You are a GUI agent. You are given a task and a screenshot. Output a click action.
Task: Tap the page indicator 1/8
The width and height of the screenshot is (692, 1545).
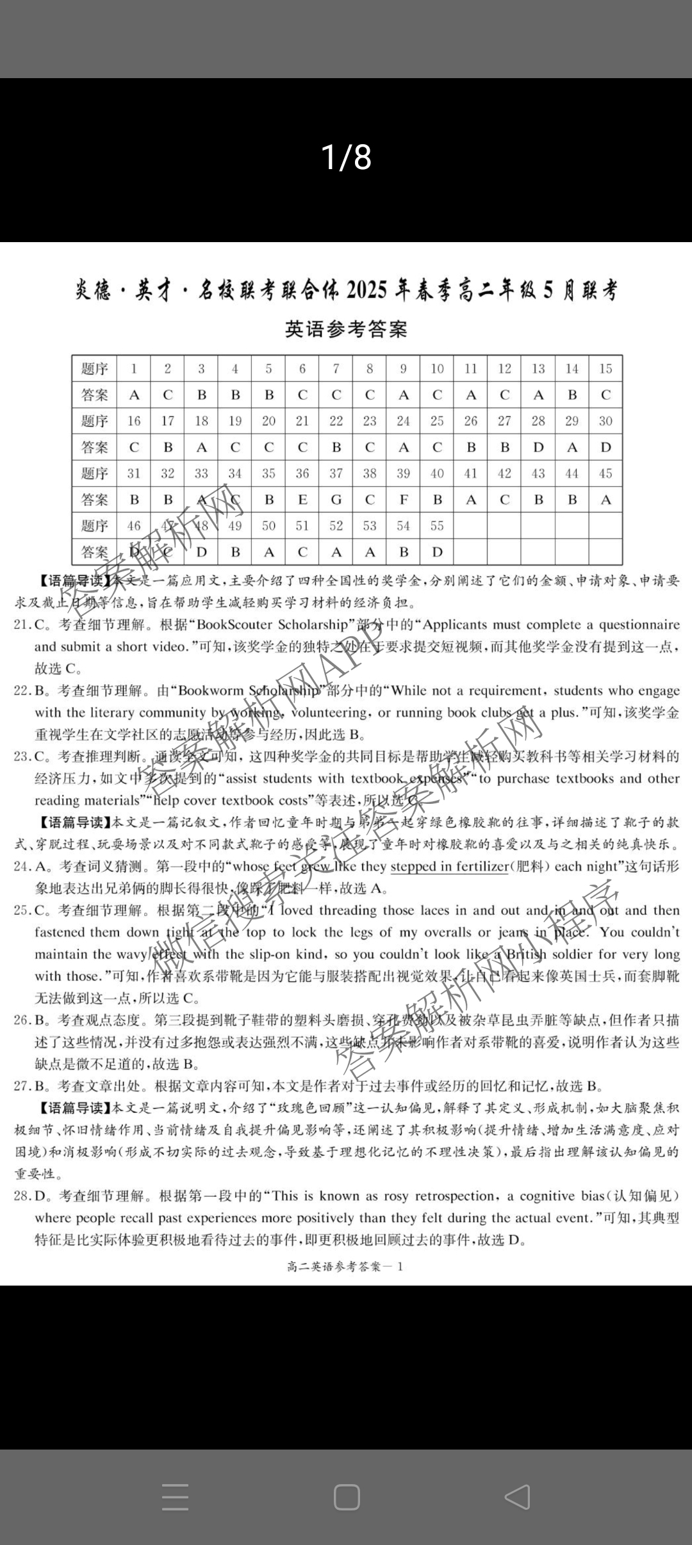pyautogui.click(x=346, y=158)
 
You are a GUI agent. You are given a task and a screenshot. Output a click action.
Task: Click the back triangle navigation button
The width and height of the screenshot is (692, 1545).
pyautogui.click(x=516, y=1497)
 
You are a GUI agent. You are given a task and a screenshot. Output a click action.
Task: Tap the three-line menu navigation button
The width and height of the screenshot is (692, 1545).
pyautogui.click(x=175, y=1497)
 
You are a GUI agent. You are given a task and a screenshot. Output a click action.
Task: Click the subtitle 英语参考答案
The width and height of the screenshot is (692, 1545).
pyautogui.click(x=346, y=329)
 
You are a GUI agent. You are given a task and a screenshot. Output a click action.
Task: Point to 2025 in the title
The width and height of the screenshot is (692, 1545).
pyautogui.click(x=367, y=291)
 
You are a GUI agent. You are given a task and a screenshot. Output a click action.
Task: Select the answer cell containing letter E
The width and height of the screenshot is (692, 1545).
pyautogui.click(x=302, y=500)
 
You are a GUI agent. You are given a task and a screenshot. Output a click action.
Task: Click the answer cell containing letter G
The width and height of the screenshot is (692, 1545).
pyautogui.click(x=336, y=500)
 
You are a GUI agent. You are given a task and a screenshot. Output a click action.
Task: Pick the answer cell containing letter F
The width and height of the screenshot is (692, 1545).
pyautogui.click(x=404, y=500)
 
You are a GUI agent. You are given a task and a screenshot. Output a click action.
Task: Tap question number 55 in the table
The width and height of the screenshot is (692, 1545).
pyautogui.click(x=437, y=526)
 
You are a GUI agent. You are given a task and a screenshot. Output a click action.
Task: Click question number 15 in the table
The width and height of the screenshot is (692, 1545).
pyautogui.click(x=605, y=369)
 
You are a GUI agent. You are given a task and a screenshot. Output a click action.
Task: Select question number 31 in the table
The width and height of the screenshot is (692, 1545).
pyautogui.click(x=134, y=473)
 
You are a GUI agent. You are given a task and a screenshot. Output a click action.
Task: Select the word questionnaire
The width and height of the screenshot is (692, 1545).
pyautogui.click(x=639, y=625)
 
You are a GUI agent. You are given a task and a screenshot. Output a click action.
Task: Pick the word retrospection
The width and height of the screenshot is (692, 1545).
pyautogui.click(x=449, y=1196)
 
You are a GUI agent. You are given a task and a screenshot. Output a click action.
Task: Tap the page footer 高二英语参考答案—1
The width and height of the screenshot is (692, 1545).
pyautogui.click(x=346, y=1266)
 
